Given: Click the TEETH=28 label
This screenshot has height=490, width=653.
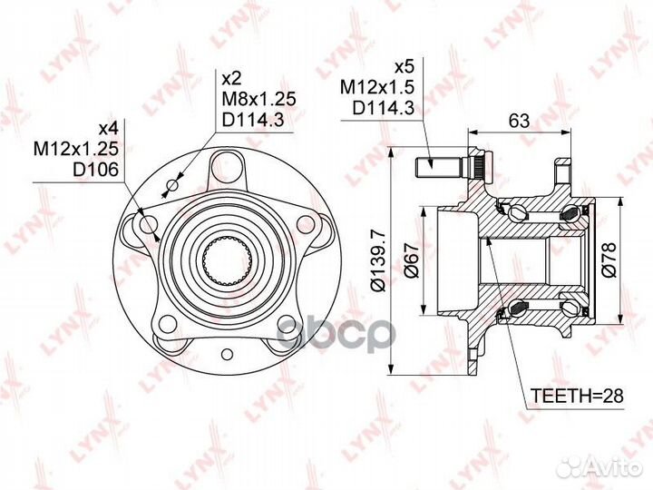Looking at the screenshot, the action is (x=577, y=396).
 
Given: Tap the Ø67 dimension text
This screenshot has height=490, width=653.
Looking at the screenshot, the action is (x=412, y=260).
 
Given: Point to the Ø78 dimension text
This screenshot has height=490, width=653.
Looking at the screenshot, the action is (x=609, y=260).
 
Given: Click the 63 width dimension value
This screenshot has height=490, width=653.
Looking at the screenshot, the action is (x=520, y=121).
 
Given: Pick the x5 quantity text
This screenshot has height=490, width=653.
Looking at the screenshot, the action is (x=403, y=66).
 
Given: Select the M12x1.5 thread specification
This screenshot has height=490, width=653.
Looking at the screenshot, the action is (x=377, y=87).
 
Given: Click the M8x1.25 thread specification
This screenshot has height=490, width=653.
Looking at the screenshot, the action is (x=258, y=99).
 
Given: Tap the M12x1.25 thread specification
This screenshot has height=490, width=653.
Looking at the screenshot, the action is (x=76, y=149).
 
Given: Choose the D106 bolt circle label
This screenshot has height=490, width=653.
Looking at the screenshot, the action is (x=96, y=169).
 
